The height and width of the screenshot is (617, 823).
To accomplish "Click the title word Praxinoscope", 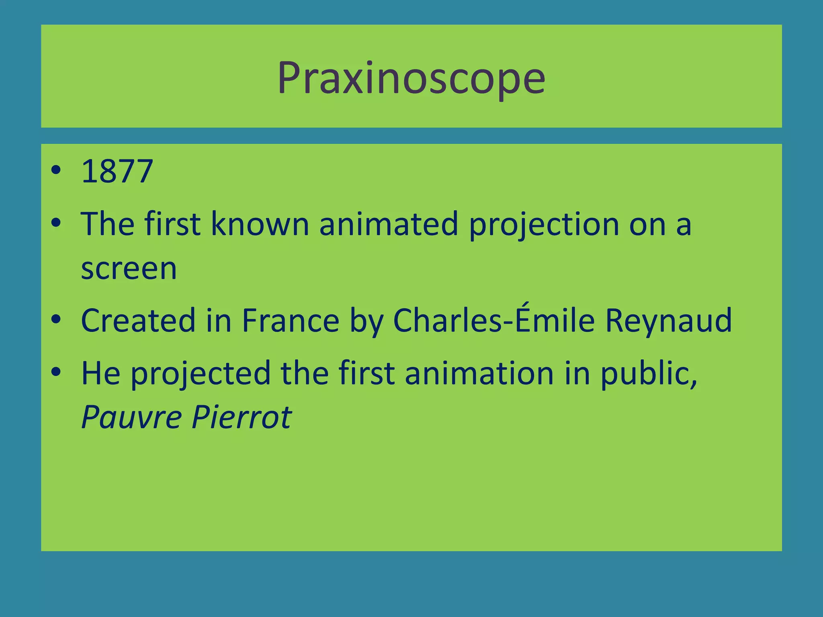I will pyautogui.click(x=411, y=78).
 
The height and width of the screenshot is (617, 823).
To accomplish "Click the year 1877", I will pyautogui.click(x=117, y=172).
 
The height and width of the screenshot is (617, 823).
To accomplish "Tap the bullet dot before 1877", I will pyautogui.click(x=56, y=170).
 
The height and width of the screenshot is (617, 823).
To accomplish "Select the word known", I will pyautogui.click(x=260, y=224).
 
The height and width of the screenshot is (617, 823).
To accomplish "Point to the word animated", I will pyautogui.click(x=389, y=224).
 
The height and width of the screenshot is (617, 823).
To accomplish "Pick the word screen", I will pyautogui.click(x=129, y=269).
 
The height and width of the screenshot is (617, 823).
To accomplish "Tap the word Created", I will pyautogui.click(x=138, y=321).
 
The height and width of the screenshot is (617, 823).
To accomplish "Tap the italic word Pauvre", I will pyautogui.click(x=132, y=417).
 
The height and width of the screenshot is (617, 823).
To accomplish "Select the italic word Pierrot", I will pyautogui.click(x=242, y=417).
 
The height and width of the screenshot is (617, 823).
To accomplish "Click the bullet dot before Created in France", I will pyautogui.click(x=56, y=319).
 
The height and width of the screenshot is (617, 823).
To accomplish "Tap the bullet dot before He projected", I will pyautogui.click(x=56, y=372).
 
